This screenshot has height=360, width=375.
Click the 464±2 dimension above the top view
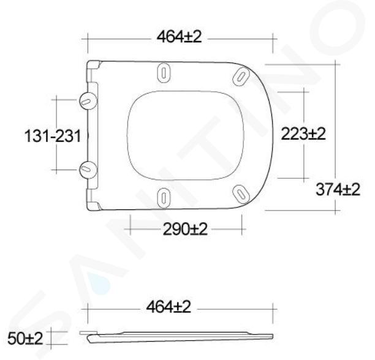pos(179,37)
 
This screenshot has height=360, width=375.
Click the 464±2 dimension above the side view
pos(169,307)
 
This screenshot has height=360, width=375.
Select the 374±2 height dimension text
pos(338,189)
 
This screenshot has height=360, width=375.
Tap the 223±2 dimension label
pos(303,134)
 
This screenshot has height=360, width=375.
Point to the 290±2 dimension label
pos(185,230)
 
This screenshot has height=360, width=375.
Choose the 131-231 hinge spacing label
pos(53,136)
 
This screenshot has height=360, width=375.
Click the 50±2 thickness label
pos(25,338)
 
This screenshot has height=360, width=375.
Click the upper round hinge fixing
pos(88,100)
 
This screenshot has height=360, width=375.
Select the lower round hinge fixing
pos(88,170)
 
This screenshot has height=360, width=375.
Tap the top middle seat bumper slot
pos(164,73)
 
